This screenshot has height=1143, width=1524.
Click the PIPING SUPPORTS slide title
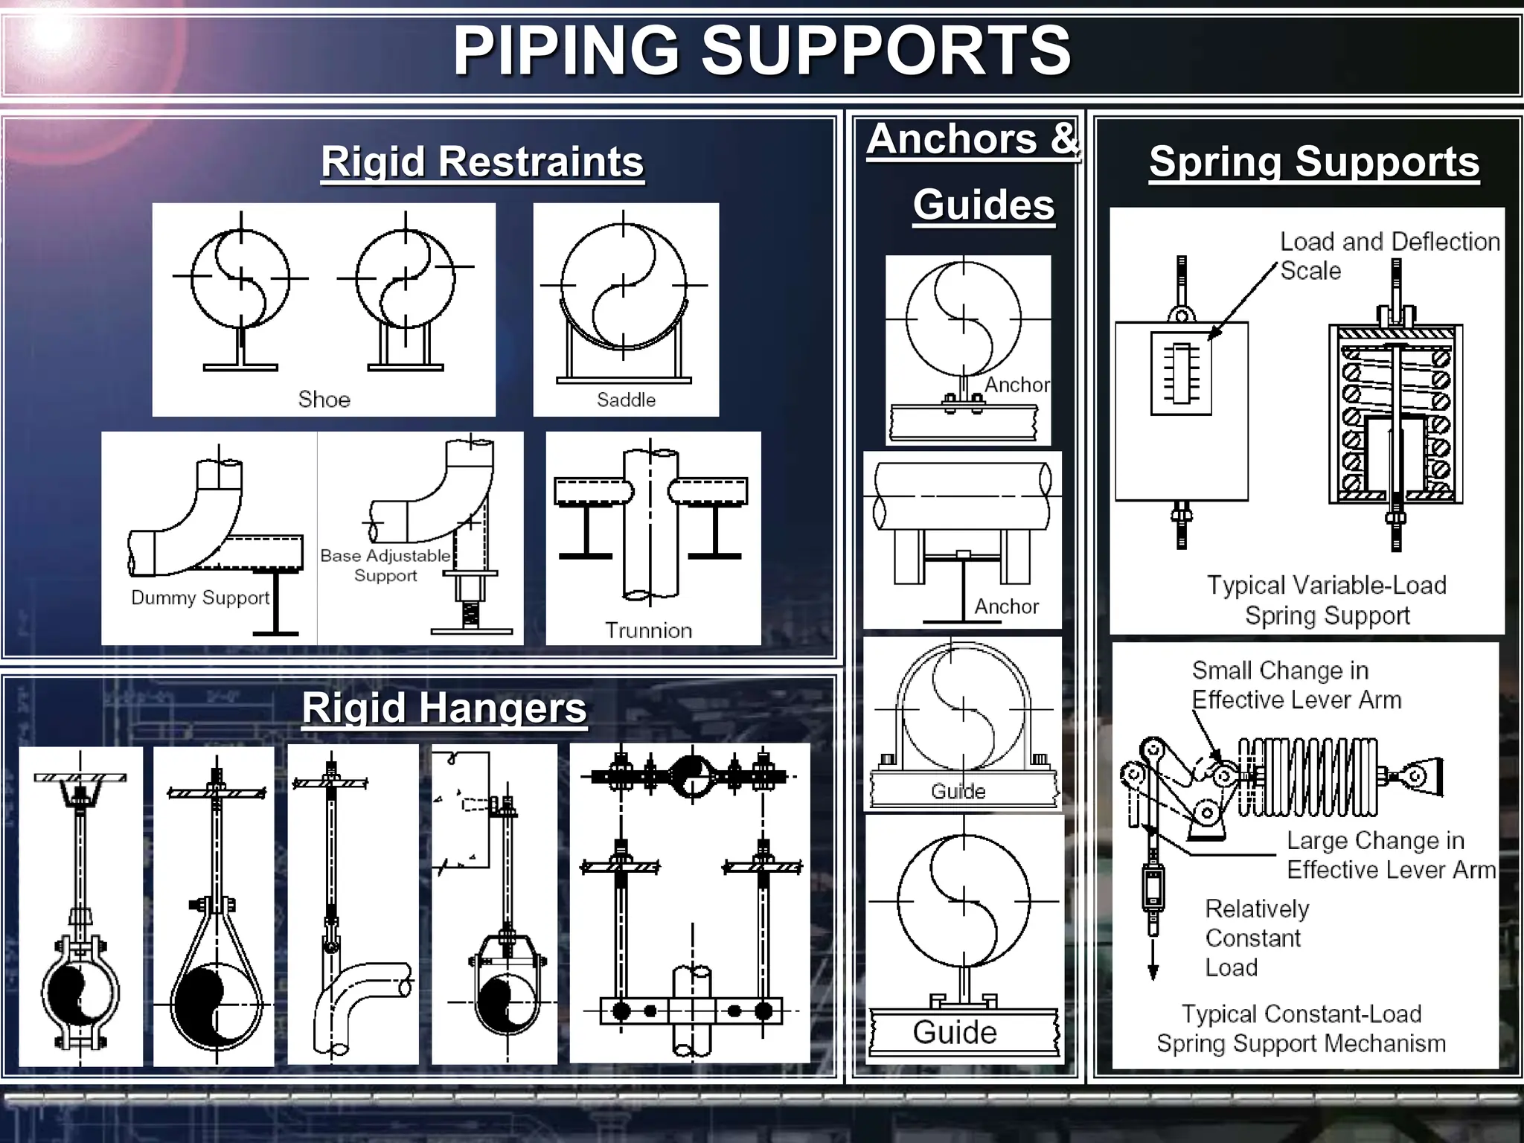762,51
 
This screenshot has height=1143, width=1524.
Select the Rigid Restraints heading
482,161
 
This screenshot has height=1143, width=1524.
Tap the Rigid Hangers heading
444,707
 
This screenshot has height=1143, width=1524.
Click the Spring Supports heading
1314,161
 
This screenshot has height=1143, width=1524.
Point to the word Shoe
324,400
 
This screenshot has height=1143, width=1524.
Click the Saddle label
626,400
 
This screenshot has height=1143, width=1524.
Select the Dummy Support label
199,598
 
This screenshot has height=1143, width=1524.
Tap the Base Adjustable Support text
385,565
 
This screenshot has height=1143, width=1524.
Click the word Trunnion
648,630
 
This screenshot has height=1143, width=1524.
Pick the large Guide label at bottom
955,1032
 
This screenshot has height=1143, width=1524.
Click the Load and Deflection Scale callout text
1389,255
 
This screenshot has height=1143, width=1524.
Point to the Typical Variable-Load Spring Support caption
1327,600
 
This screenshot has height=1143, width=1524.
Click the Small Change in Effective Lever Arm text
1296,685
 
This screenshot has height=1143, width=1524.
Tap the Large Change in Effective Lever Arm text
1390,854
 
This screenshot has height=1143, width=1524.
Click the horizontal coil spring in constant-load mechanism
1307,777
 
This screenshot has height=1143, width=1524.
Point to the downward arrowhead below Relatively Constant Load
1153,972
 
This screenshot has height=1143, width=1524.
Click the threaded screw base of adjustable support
470,615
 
